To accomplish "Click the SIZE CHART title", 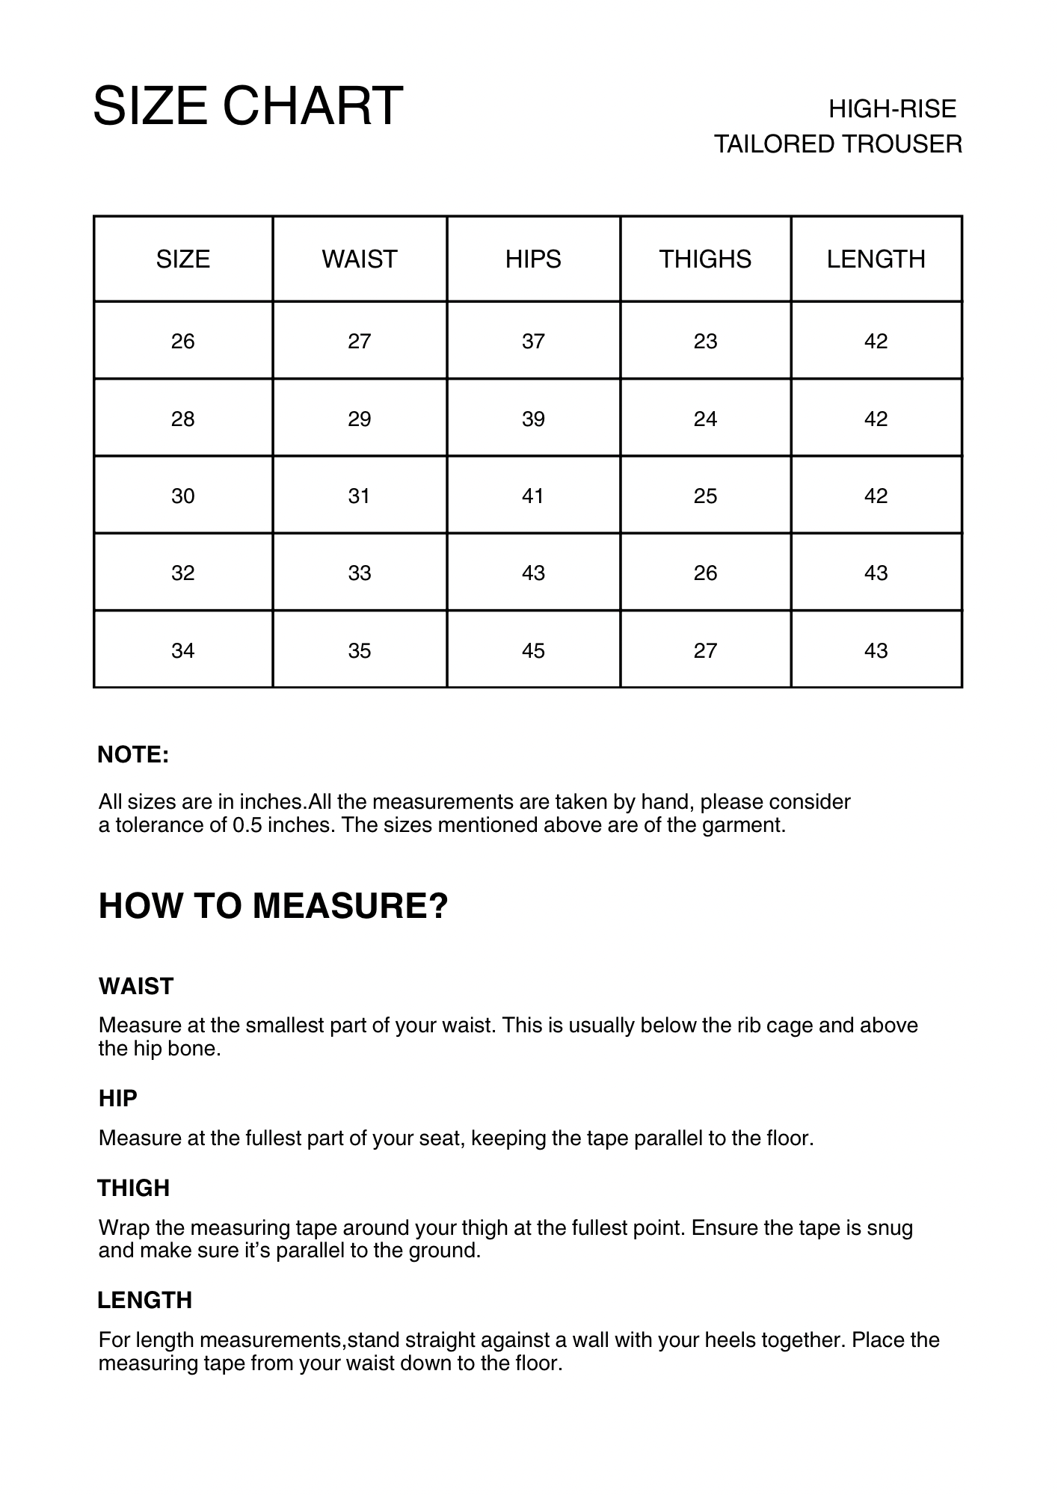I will [x=247, y=105].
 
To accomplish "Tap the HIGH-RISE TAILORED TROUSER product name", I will [x=838, y=126].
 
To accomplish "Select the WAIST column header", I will [x=359, y=259].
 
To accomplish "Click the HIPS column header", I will [x=533, y=259].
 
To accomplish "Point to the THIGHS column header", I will [x=705, y=259].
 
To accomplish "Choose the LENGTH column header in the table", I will [x=876, y=259].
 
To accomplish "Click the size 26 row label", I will [x=182, y=342].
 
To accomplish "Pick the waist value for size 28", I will [x=359, y=419].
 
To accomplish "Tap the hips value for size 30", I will [x=533, y=496].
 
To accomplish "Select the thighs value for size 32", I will [x=705, y=573].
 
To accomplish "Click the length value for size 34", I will [x=876, y=651].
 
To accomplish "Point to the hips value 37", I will [x=533, y=342].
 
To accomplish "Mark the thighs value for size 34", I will [x=705, y=651].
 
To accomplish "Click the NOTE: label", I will [x=133, y=755].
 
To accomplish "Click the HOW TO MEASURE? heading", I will [x=273, y=906].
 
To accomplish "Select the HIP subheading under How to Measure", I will [x=118, y=1099].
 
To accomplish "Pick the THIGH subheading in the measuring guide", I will [x=134, y=1189].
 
